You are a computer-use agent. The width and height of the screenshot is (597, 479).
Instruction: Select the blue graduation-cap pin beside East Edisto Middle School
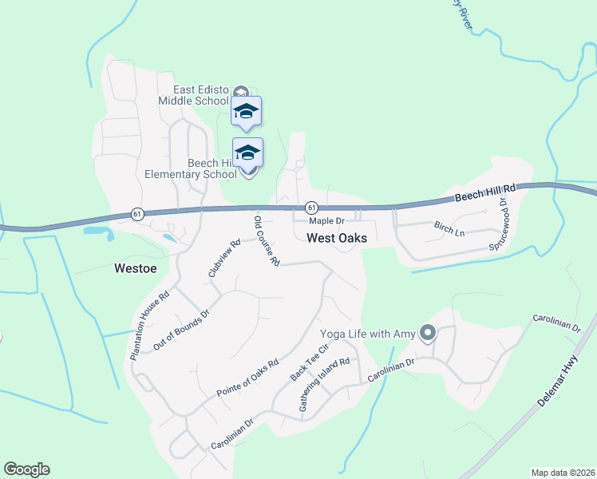(x=247, y=112)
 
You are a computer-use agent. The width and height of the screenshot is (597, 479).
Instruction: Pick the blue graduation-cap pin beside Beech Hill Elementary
(x=247, y=152)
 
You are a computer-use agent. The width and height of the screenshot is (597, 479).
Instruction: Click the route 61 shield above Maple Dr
(x=311, y=208)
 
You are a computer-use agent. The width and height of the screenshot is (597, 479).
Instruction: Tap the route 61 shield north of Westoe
(x=137, y=214)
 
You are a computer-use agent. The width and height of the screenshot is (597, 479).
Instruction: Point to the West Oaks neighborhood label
(x=337, y=238)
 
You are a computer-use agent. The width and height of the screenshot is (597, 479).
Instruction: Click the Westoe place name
(x=135, y=268)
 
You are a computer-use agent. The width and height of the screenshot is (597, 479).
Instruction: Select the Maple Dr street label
(x=326, y=220)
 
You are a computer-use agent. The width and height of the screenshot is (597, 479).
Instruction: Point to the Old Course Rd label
(x=267, y=240)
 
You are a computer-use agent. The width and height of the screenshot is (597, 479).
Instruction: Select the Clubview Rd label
(x=224, y=259)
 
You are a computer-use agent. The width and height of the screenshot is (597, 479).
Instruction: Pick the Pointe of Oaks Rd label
(x=247, y=378)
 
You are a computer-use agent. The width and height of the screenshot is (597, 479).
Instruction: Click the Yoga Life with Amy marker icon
(x=428, y=332)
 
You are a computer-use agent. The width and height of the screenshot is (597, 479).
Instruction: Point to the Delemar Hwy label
(x=557, y=385)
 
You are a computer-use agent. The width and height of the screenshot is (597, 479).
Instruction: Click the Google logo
(x=26, y=469)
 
